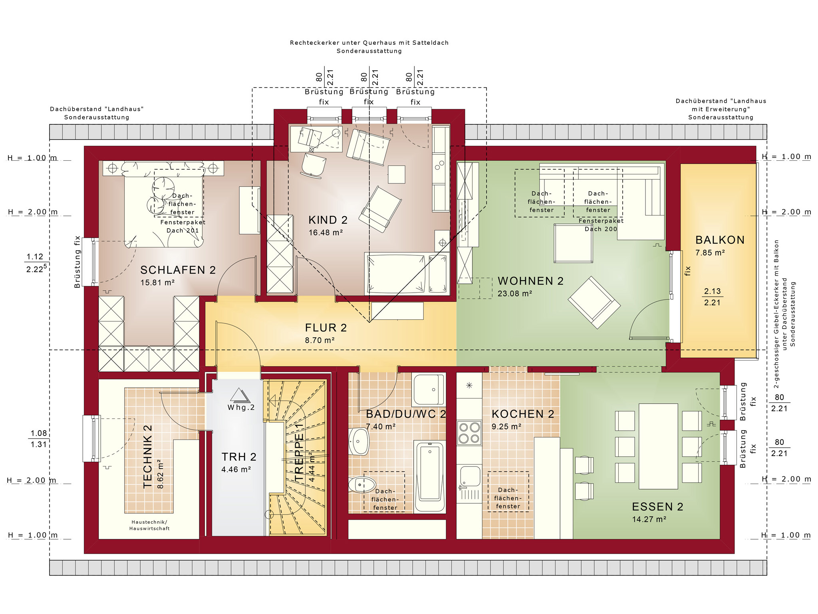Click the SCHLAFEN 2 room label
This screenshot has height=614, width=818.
pyautogui.click(x=178, y=270)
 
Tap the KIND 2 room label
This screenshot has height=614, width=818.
pyautogui.click(x=328, y=220)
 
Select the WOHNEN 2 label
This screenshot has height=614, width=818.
pyautogui.click(x=530, y=281)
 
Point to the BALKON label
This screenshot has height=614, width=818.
pyautogui.click(x=720, y=240)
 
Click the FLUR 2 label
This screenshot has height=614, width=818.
pyautogui.click(x=326, y=328)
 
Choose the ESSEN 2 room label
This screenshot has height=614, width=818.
pyautogui.click(x=657, y=507)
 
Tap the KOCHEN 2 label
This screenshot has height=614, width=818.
pyautogui.click(x=523, y=414)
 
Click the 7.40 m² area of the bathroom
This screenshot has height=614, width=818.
pyautogui.click(x=381, y=427)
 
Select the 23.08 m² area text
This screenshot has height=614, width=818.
pyautogui.click(x=514, y=294)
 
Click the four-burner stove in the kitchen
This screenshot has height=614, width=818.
pyautogui.click(x=469, y=433)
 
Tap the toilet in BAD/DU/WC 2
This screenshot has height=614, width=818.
pyautogui.click(x=362, y=485)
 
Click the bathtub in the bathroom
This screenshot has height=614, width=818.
pyautogui.click(x=430, y=476)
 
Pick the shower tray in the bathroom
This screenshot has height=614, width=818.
pyautogui.click(x=429, y=390)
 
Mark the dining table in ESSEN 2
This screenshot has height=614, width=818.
pyautogui.click(x=658, y=446)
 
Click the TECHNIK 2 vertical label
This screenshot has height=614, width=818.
pyautogui.click(x=147, y=457)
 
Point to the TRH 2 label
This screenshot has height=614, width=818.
pyautogui.click(x=239, y=457)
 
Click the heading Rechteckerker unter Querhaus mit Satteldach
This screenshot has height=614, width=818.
pyautogui.click(x=369, y=43)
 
